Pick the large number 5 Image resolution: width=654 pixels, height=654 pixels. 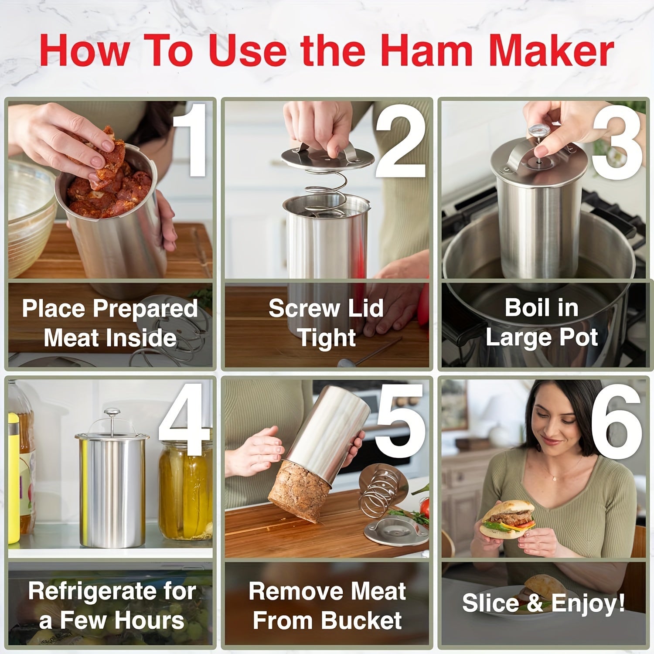[x=400, y=421]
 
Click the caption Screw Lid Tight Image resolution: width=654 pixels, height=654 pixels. [x=326, y=323]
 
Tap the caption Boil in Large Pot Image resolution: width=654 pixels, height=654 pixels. [x=542, y=323]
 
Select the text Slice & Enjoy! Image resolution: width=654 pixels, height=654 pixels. [x=543, y=603]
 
